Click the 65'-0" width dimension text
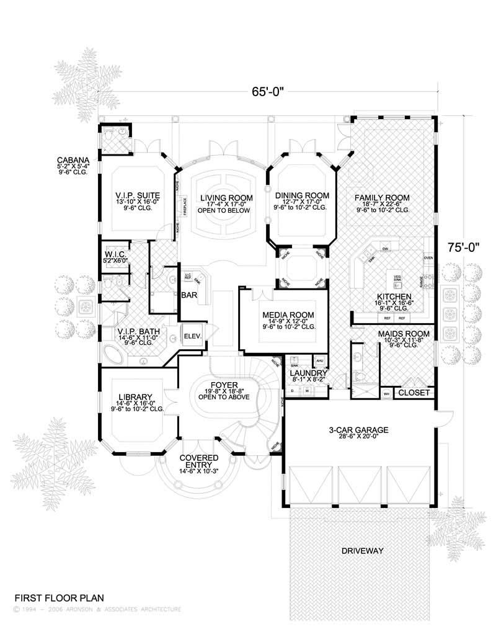tap(268, 92)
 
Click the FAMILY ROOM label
tap(382, 198)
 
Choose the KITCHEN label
tap(389, 296)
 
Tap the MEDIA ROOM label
tap(287, 314)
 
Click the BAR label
tap(188, 296)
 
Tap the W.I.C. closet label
tap(117, 254)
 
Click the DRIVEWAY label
tap(362, 551)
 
